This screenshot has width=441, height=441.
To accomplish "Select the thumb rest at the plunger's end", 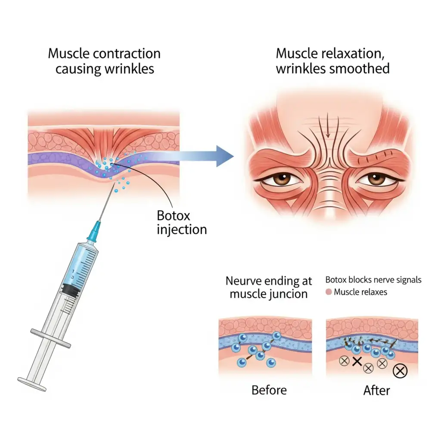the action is tap(32, 384).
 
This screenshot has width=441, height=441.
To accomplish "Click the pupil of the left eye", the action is tap(283, 177).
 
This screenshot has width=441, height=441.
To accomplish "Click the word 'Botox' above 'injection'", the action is tap(173, 216).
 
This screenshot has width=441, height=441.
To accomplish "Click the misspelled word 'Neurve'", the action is tap(245, 281).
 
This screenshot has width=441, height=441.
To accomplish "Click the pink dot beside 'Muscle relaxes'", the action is tap(329, 292).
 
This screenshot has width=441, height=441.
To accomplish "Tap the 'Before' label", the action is tap(269, 390).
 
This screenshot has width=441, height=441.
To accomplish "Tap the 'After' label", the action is tap(376, 390).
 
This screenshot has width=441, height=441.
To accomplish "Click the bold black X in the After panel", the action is tap(357, 361).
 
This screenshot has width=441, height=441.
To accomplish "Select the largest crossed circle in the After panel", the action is tap(400, 371).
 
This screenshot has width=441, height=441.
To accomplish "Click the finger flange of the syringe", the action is tap(51, 338).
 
